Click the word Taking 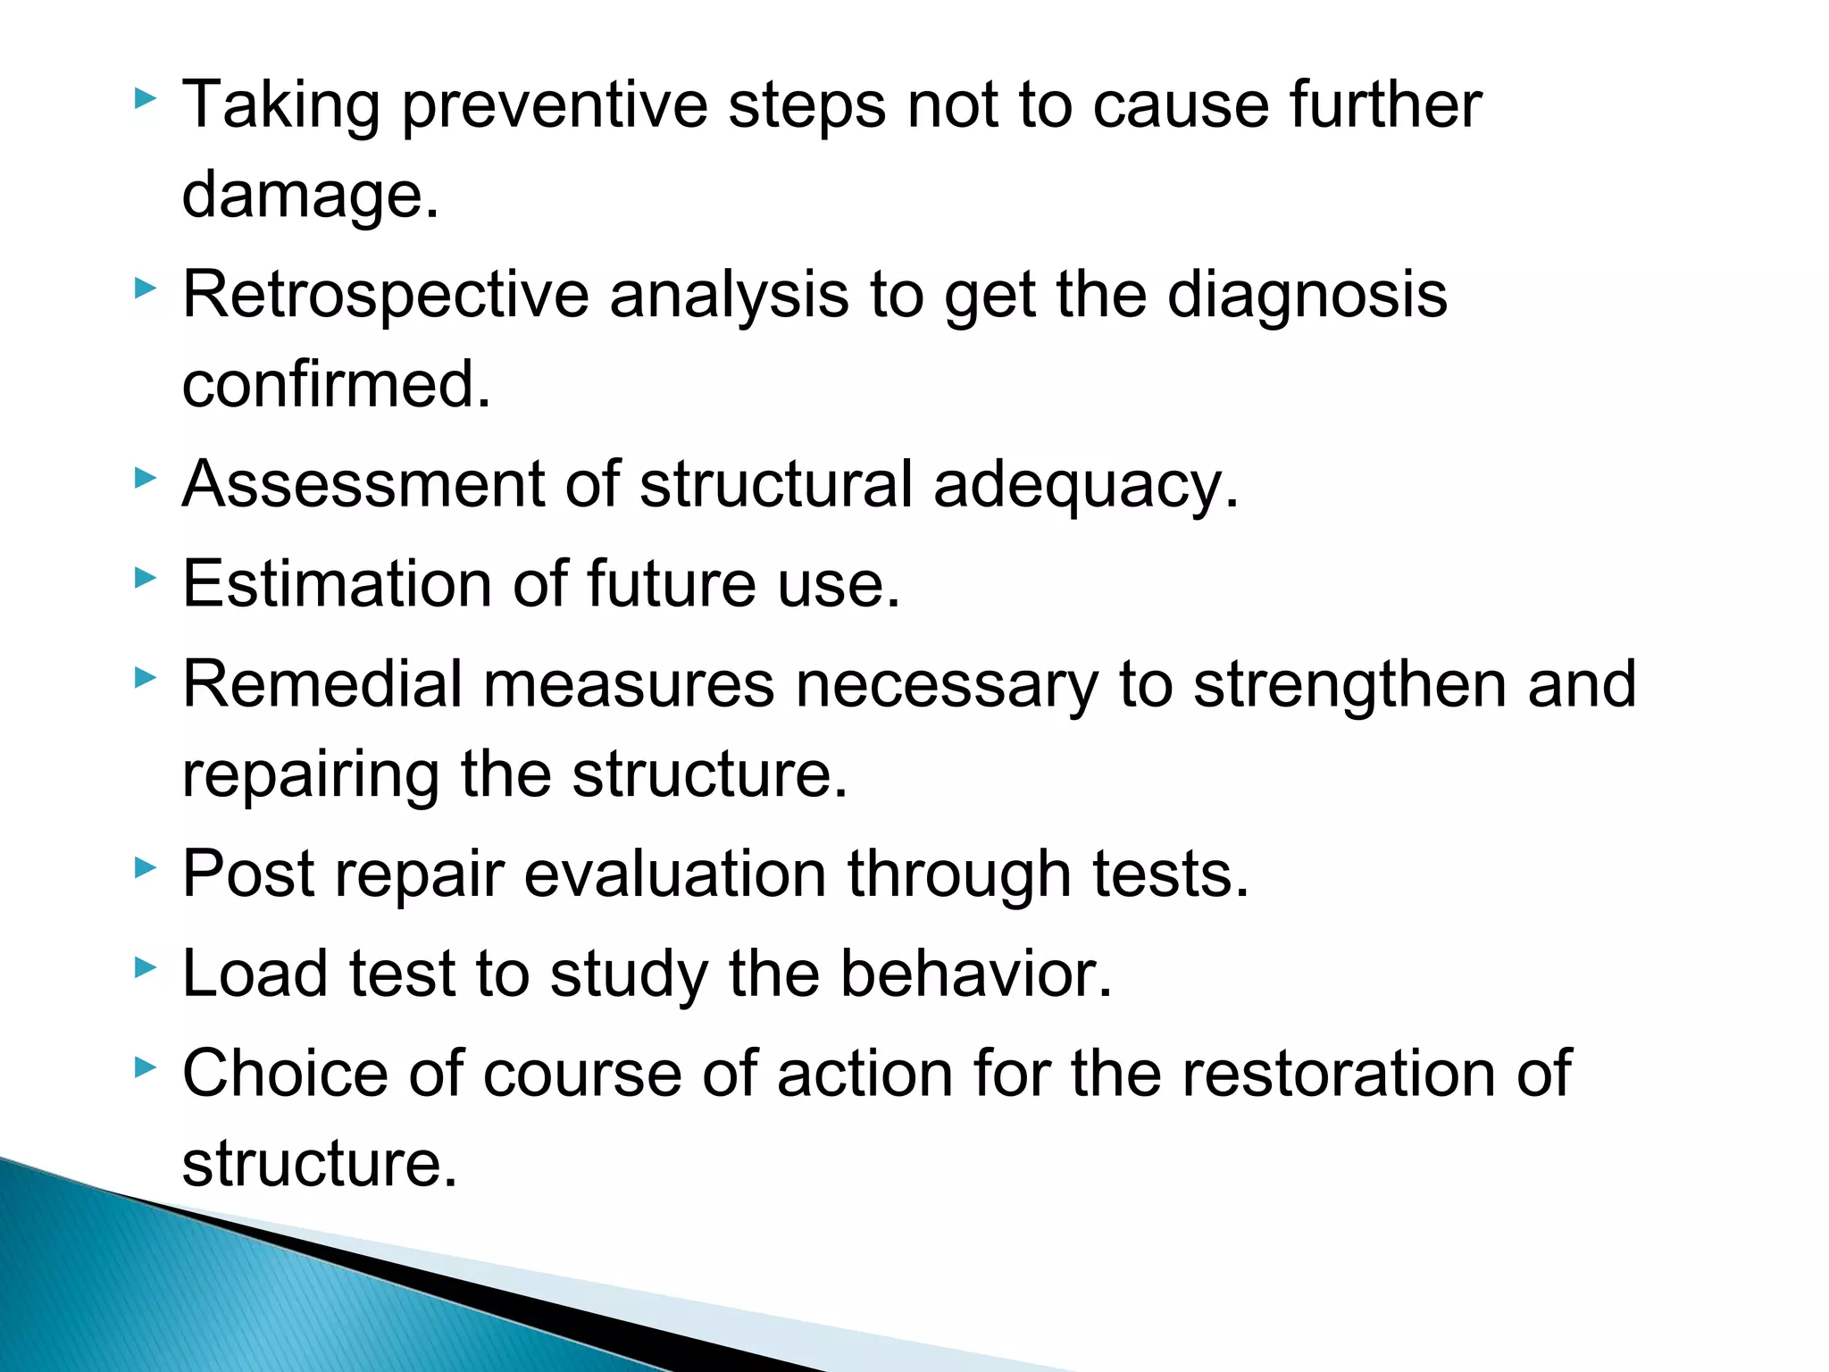click(281, 106)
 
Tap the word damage click(310, 196)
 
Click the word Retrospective click(385, 296)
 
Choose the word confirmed click(337, 385)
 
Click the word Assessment click(363, 485)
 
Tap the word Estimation click(336, 584)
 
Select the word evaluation click(675, 874)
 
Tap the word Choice click(286, 1073)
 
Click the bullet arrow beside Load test click(145, 967)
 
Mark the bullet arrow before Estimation click(145, 578)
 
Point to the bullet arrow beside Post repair click(145, 867)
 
